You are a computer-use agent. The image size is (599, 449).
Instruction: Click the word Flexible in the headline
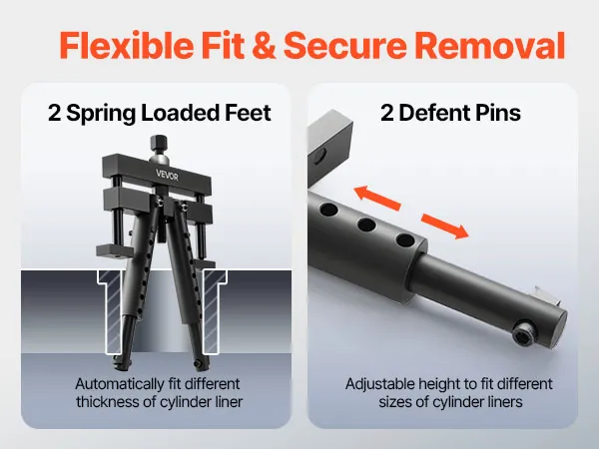pos(126,45)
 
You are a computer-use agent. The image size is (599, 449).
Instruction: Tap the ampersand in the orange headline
pos(264,46)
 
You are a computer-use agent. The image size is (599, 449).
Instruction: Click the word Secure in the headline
pos(345,46)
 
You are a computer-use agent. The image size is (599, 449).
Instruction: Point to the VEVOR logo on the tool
pos(167,175)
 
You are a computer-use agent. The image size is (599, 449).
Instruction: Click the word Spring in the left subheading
pos(101,114)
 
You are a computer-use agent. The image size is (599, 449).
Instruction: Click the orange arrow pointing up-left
pos(377,198)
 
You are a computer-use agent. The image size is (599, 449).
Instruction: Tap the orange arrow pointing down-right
pos(444,226)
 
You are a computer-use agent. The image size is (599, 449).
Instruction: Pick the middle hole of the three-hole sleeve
pos(366,224)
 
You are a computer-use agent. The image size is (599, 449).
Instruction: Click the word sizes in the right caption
pos(395,402)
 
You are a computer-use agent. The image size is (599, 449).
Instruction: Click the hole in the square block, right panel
pos(320,155)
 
